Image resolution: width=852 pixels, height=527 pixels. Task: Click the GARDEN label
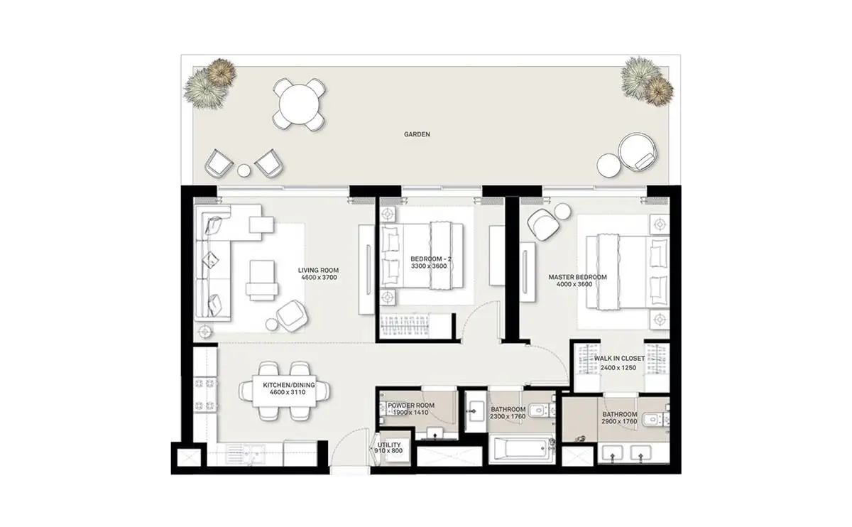(x=417, y=134)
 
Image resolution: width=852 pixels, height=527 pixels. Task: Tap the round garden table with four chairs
(x=299, y=104)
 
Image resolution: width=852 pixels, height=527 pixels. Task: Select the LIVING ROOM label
(x=318, y=271)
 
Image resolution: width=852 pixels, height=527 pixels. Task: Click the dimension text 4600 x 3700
(x=319, y=278)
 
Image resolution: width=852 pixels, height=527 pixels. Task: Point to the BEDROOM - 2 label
(x=431, y=259)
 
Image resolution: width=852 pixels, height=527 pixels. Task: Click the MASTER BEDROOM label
(x=577, y=278)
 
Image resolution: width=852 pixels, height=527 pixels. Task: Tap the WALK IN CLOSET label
(x=619, y=359)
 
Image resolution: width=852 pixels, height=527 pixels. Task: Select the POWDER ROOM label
(x=411, y=406)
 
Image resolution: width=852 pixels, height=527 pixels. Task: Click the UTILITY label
(x=389, y=445)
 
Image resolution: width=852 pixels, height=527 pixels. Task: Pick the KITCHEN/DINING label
(x=289, y=385)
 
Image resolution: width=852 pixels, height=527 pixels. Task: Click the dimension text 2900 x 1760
(x=619, y=421)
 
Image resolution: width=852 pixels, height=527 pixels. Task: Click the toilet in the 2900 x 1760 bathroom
(x=654, y=420)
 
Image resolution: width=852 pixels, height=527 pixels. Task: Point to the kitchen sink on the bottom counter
(x=246, y=455)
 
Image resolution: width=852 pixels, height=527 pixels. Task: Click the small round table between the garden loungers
(x=244, y=170)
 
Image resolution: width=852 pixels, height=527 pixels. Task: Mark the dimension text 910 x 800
(x=388, y=451)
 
